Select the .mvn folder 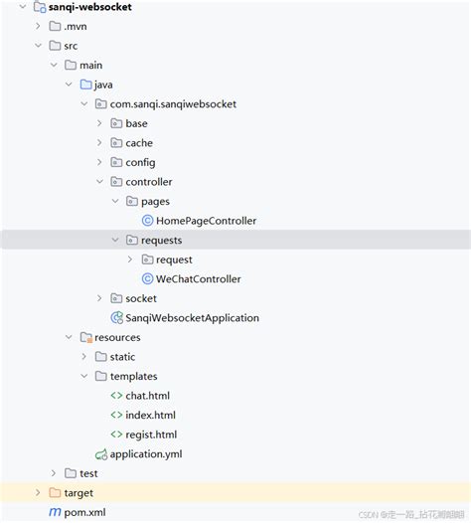[76, 26]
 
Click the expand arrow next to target [39, 493]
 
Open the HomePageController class [207, 221]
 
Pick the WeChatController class [199, 279]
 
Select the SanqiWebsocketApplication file [192, 318]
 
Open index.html [150, 416]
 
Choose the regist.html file [151, 435]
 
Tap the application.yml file [145, 454]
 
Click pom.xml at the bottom [84, 513]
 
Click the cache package [139, 143]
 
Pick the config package [140, 162]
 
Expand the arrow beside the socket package [99, 298]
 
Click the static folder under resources [122, 357]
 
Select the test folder [88, 474]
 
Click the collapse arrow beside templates [84, 377]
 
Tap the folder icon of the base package [116, 123]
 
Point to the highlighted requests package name [162, 241]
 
